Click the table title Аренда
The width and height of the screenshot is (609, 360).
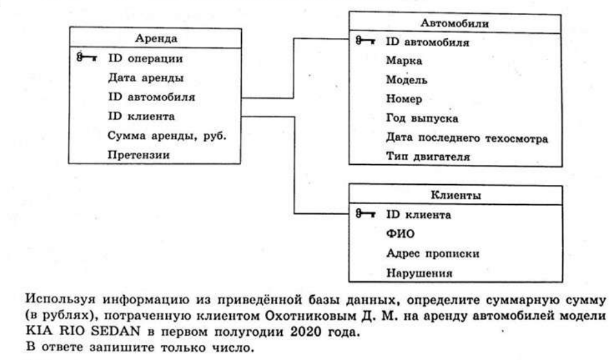(x=156, y=38)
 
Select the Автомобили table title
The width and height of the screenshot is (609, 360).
(x=455, y=23)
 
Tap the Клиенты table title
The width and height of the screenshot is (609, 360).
(x=456, y=195)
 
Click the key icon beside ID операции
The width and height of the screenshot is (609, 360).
(x=87, y=57)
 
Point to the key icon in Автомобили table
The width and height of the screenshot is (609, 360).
(x=365, y=41)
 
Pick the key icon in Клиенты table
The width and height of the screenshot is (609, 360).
(x=365, y=213)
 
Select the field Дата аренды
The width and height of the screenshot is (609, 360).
(x=145, y=78)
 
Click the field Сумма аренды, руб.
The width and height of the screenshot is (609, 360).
(x=167, y=136)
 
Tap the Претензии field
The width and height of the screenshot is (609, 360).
(x=139, y=155)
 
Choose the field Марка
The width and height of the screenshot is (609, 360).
(x=404, y=61)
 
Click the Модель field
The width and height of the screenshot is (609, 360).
(x=407, y=80)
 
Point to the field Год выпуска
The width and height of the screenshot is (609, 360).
(x=422, y=118)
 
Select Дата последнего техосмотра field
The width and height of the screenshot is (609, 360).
(x=467, y=138)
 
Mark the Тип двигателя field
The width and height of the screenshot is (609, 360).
(x=428, y=156)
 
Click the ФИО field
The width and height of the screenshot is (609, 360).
(x=401, y=234)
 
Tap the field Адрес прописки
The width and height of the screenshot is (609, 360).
(x=433, y=253)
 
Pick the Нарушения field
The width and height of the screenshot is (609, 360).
(x=419, y=273)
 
